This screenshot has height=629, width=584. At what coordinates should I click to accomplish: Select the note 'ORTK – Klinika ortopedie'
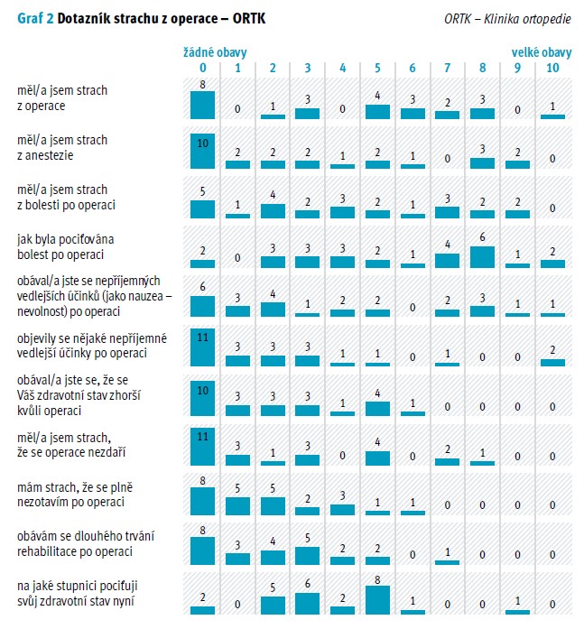tap(507, 19)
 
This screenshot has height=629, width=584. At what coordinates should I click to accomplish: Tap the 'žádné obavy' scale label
tap(215, 53)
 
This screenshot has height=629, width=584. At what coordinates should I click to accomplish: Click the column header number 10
tap(552, 68)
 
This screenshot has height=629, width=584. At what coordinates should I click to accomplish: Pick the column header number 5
tap(377, 68)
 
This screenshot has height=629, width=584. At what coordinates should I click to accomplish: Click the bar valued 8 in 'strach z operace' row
tap(203, 105)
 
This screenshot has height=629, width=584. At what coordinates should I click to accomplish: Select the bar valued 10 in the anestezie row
tap(203, 153)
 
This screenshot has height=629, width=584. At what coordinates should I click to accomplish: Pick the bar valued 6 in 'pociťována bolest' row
tap(482, 255)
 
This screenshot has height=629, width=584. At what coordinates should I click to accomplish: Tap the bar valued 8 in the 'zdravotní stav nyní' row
tap(377, 601)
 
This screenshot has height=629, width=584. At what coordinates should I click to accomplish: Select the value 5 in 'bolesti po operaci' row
tap(203, 191)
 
